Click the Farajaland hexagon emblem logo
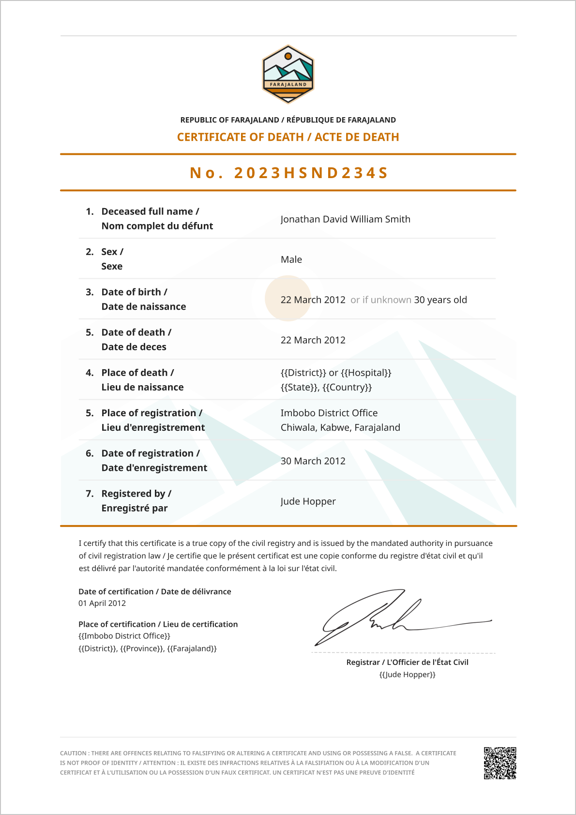point(288,74)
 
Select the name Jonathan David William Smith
point(345,219)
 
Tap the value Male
point(291,259)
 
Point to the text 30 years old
point(440,300)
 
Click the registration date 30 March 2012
point(313,461)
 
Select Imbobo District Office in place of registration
point(329,413)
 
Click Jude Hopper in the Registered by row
point(308,501)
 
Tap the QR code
point(500,763)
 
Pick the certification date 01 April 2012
point(102,604)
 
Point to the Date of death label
point(136,332)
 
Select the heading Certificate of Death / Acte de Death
point(288,137)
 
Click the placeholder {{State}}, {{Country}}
point(326,387)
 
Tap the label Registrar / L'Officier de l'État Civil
point(407,663)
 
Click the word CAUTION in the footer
point(73,754)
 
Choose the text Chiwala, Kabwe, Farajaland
point(340,428)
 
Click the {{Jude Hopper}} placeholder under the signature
point(407,675)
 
